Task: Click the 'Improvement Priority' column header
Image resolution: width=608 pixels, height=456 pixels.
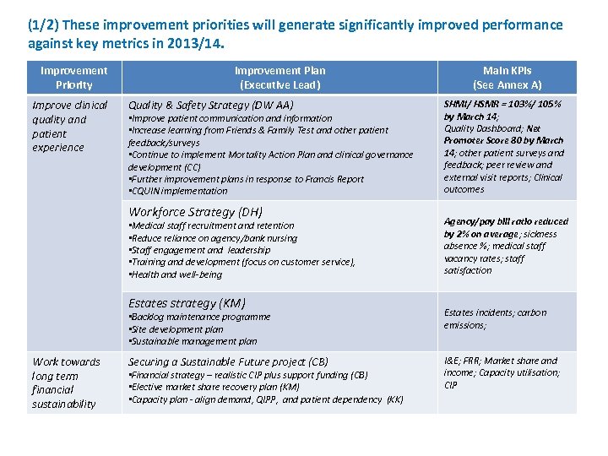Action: click(74, 78)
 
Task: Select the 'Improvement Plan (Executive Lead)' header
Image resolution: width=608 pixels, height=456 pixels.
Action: click(280, 78)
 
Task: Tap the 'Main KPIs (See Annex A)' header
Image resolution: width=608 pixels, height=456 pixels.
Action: click(507, 78)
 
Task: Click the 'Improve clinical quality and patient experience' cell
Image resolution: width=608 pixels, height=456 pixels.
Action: click(69, 126)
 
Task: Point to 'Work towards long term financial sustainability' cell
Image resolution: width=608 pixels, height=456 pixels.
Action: click(66, 383)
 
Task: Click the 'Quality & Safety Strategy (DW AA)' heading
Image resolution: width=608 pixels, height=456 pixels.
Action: click(210, 105)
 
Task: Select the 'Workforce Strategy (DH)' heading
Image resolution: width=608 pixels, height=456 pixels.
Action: click(195, 212)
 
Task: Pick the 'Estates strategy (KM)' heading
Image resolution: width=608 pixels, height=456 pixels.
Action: click(187, 303)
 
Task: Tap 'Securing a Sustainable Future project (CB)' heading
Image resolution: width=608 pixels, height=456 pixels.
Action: click(228, 361)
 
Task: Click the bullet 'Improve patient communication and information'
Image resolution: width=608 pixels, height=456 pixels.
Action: click(231, 118)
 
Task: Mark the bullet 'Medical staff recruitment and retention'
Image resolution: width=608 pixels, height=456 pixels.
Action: click(211, 225)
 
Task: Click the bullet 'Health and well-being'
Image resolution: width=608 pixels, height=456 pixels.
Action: click(176, 274)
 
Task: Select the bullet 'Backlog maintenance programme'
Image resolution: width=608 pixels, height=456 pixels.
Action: click(200, 317)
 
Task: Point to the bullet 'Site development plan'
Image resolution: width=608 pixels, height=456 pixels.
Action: click(176, 329)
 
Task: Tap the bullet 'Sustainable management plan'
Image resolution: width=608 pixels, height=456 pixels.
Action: click(193, 341)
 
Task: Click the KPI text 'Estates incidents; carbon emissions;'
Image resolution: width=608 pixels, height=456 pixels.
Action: click(495, 318)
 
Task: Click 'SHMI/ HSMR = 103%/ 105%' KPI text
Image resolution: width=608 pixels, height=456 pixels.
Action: click(502, 104)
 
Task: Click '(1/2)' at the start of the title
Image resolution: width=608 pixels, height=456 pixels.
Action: click(43, 24)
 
